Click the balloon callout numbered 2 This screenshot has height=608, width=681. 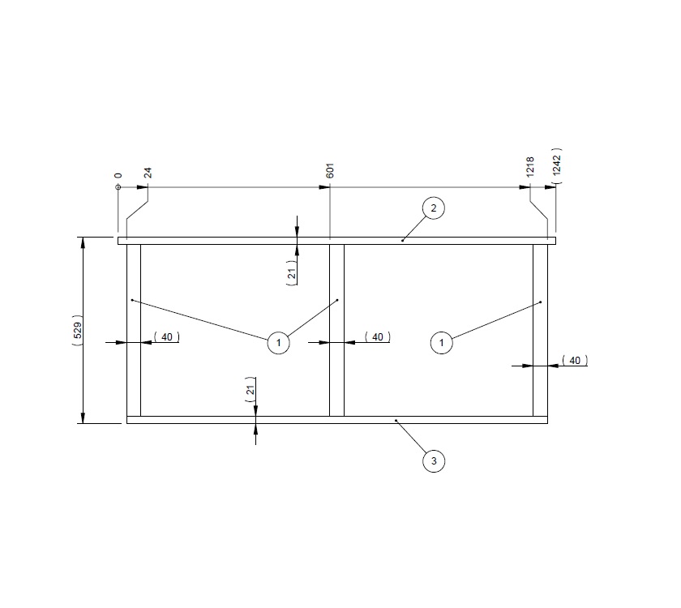(x=434, y=208)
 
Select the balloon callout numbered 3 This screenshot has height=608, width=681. (x=434, y=461)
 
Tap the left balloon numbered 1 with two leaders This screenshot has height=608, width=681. (x=278, y=343)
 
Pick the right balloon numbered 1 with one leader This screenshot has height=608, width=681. (x=441, y=343)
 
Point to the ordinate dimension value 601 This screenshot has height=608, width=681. (x=330, y=170)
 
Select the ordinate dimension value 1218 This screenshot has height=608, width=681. (x=530, y=167)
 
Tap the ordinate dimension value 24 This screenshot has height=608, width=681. (x=148, y=173)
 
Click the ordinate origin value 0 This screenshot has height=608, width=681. (x=118, y=175)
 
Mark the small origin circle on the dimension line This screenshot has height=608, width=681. (x=118, y=187)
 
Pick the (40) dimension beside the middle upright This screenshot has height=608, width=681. (x=377, y=336)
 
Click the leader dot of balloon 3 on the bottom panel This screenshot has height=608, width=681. (x=396, y=421)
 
